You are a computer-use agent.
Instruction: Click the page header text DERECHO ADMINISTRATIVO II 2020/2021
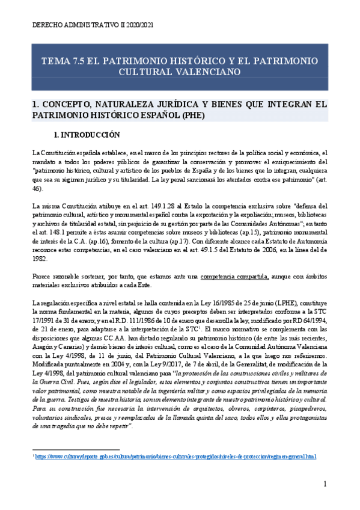[90, 25]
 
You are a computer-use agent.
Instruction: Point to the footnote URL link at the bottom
[175, 473]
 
